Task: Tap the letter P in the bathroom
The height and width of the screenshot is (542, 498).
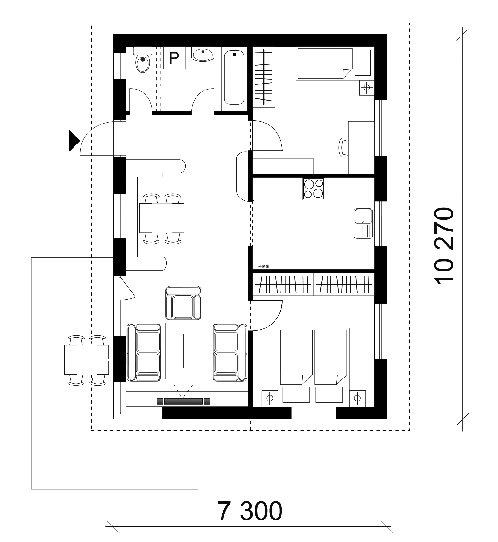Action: click(x=174, y=58)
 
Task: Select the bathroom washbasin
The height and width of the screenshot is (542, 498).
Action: click(x=203, y=54)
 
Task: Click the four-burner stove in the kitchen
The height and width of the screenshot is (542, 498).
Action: click(x=314, y=189)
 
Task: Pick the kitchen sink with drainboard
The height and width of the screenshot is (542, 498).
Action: click(x=364, y=224)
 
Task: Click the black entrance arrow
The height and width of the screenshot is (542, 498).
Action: click(x=74, y=140)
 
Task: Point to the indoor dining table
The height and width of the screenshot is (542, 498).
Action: click(x=162, y=218)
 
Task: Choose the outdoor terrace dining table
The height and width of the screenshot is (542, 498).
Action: click(x=87, y=360)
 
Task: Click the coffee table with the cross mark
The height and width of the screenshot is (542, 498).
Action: click(x=184, y=351)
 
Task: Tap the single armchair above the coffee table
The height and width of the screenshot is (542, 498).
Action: click(x=184, y=303)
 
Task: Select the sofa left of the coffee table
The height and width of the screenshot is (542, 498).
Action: click(x=144, y=352)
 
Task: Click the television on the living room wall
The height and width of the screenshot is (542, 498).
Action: click(x=184, y=401)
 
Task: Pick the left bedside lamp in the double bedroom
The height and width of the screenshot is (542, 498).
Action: click(x=270, y=398)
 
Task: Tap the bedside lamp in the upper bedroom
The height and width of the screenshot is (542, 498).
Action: click(x=367, y=88)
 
